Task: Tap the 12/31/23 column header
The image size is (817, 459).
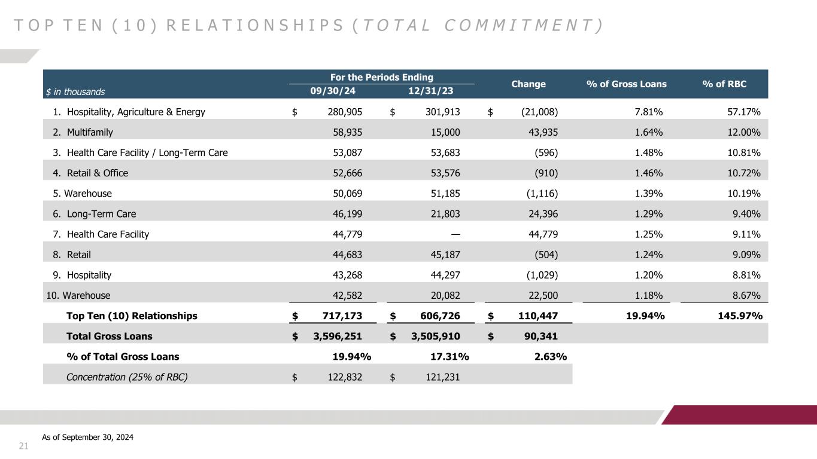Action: (x=431, y=91)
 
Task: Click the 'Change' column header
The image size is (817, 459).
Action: (x=529, y=84)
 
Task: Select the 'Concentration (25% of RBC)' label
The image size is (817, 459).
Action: (x=122, y=377)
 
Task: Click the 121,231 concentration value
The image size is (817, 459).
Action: (x=441, y=377)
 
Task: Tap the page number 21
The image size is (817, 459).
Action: (x=24, y=445)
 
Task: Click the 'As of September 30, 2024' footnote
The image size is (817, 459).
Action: (x=88, y=437)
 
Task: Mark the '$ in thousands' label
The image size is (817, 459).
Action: (x=75, y=92)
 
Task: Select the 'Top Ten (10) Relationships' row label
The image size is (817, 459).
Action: (x=131, y=316)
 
